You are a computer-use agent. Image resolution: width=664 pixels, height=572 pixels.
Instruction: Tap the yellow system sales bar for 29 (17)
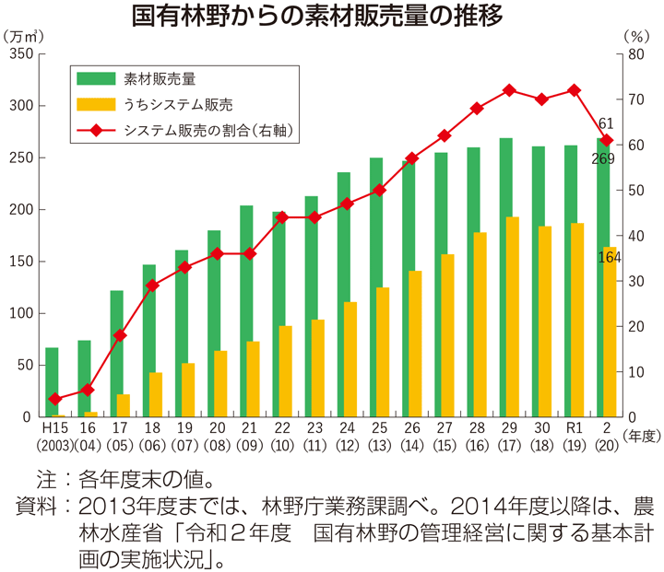(x=512, y=317)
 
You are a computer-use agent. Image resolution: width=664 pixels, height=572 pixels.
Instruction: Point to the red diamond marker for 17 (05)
(x=119, y=335)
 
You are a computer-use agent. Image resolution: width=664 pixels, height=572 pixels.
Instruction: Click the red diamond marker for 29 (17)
(x=509, y=90)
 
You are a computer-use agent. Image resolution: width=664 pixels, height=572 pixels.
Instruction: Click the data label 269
(x=603, y=158)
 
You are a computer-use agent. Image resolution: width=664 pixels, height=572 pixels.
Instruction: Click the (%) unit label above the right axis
(x=636, y=36)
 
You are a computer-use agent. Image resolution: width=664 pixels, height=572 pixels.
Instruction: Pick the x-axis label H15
(x=54, y=428)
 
